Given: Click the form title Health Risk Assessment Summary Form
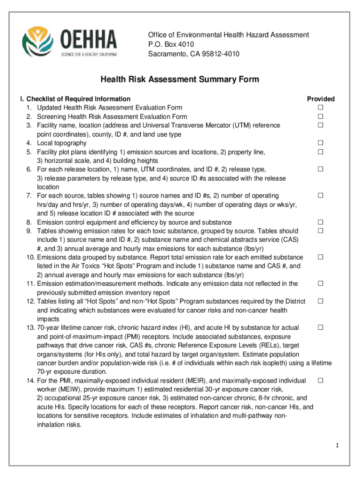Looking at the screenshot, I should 180,80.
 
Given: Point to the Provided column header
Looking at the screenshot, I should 320,99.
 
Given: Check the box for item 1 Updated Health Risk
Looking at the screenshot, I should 321,108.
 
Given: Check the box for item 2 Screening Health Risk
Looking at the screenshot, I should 321,116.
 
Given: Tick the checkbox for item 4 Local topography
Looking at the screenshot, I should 321,143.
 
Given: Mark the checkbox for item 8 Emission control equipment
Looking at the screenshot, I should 321,222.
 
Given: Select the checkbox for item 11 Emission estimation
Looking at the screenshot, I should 321,284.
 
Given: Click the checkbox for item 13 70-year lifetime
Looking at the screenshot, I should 321,328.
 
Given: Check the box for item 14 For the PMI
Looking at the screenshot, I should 321,381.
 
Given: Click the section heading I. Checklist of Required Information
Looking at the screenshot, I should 75,99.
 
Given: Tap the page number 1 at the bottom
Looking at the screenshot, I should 336,445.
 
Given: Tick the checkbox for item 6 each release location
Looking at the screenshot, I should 321,169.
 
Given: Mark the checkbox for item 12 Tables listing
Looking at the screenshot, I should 321,301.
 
